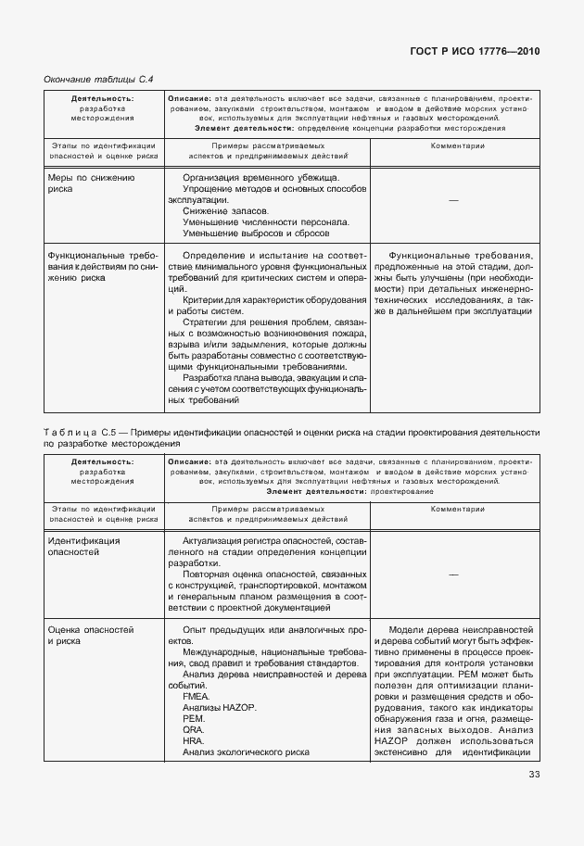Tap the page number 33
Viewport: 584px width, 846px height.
(x=534, y=775)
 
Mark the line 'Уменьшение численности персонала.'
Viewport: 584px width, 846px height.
(x=266, y=222)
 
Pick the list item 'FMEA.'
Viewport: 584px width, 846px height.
(x=197, y=696)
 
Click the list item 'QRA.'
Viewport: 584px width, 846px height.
(x=194, y=729)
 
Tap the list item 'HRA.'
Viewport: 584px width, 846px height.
(x=194, y=740)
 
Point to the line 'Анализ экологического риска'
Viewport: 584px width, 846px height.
(x=245, y=751)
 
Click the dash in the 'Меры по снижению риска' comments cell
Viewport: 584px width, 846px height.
(x=453, y=200)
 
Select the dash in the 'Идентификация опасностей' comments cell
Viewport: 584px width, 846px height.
(x=453, y=574)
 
